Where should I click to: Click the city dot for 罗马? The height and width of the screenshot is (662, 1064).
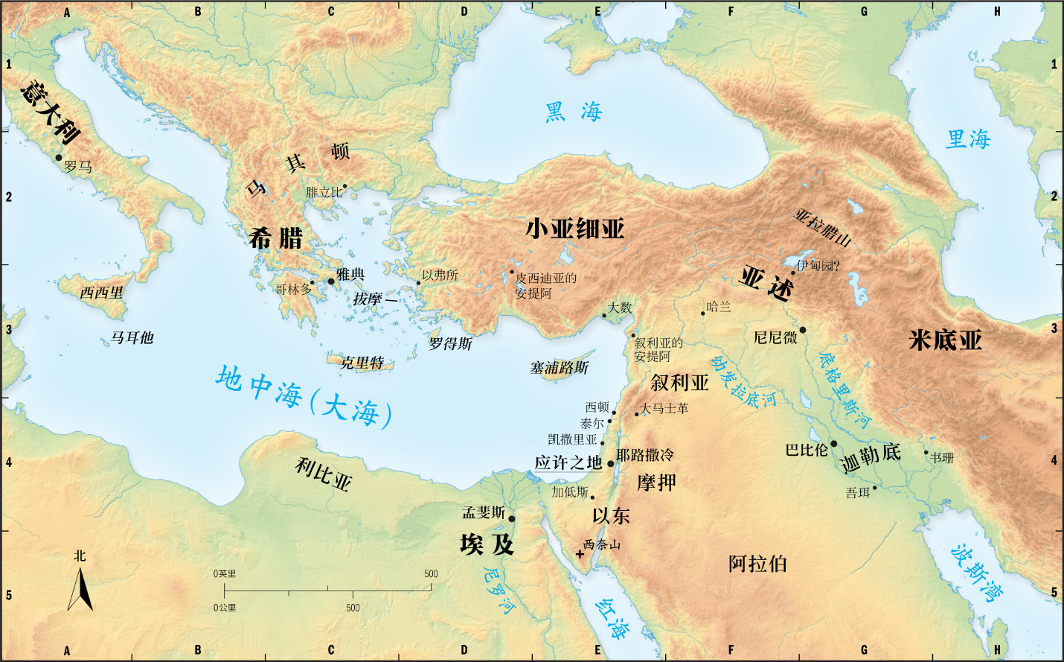(59, 157)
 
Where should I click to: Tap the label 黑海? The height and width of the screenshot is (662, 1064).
(573, 112)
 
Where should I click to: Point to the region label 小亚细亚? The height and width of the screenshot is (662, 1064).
(574, 229)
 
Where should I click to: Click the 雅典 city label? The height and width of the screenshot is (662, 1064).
(350, 274)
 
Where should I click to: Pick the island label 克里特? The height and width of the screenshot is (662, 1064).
(362, 363)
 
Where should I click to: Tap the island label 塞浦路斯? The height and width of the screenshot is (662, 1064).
(559, 367)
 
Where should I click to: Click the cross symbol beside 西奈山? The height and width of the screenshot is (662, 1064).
(580, 554)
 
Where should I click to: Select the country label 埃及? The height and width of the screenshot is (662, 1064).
(487, 544)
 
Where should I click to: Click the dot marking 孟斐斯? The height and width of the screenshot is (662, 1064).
(511, 518)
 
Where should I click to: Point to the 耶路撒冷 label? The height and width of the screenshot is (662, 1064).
(644, 454)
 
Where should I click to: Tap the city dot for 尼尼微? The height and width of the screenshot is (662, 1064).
(802, 330)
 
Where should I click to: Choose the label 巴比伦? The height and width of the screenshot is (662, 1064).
(807, 450)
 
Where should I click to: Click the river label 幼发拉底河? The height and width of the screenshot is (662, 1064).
(743, 381)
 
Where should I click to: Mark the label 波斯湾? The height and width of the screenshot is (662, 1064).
(977, 572)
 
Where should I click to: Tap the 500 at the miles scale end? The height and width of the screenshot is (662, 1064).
(431, 573)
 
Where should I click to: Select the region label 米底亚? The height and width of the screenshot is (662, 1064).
(945, 340)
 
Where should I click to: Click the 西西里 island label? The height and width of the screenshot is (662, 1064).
(102, 293)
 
